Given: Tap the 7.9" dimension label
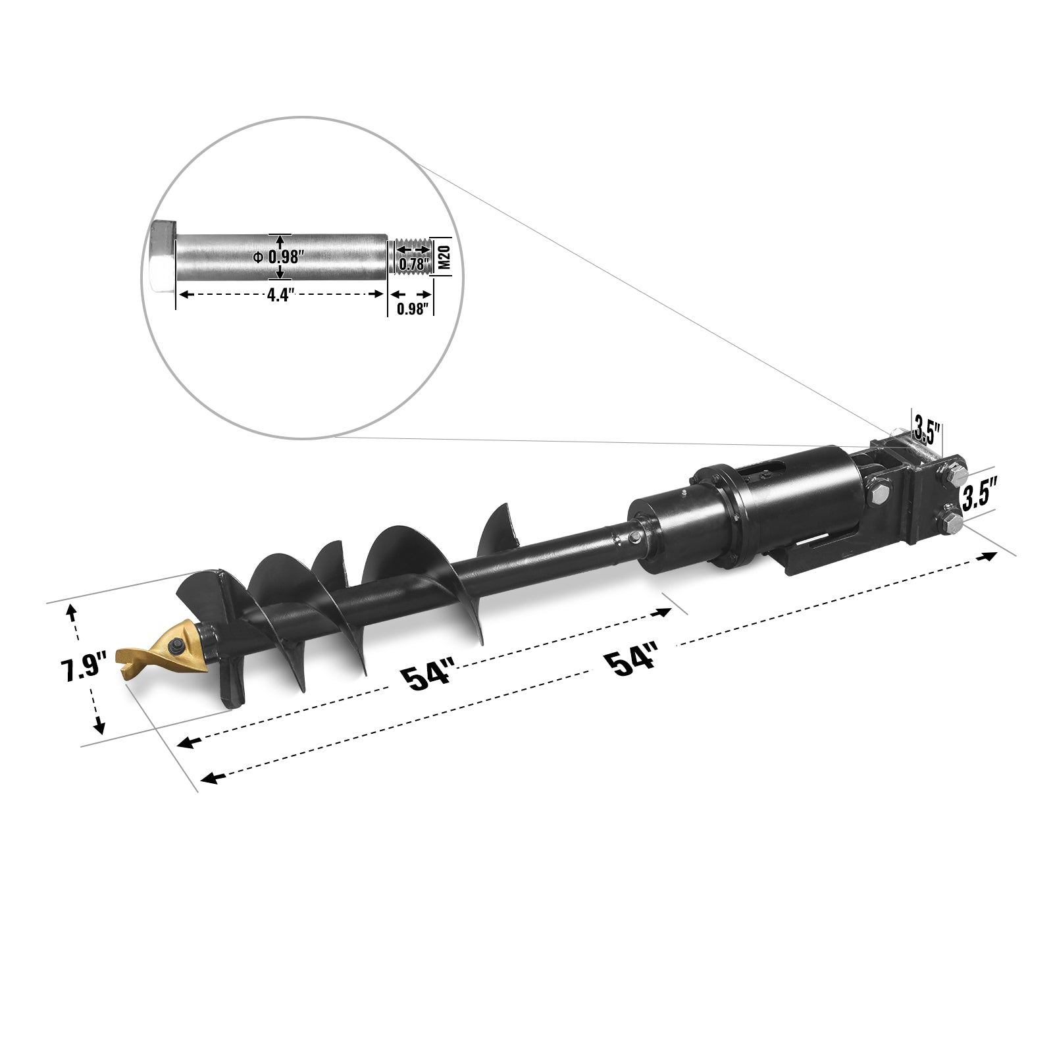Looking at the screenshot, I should (83, 669).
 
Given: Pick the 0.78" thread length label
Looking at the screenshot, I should (413, 265).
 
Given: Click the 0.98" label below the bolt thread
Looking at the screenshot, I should (413, 309).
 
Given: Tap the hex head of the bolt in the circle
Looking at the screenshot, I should (163, 257).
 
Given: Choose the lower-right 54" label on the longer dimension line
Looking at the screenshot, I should (634, 661).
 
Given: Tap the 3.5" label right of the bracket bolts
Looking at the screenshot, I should (981, 494).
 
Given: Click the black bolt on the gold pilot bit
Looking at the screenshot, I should (177, 648).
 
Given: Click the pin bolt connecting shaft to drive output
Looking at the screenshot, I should (633, 539).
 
